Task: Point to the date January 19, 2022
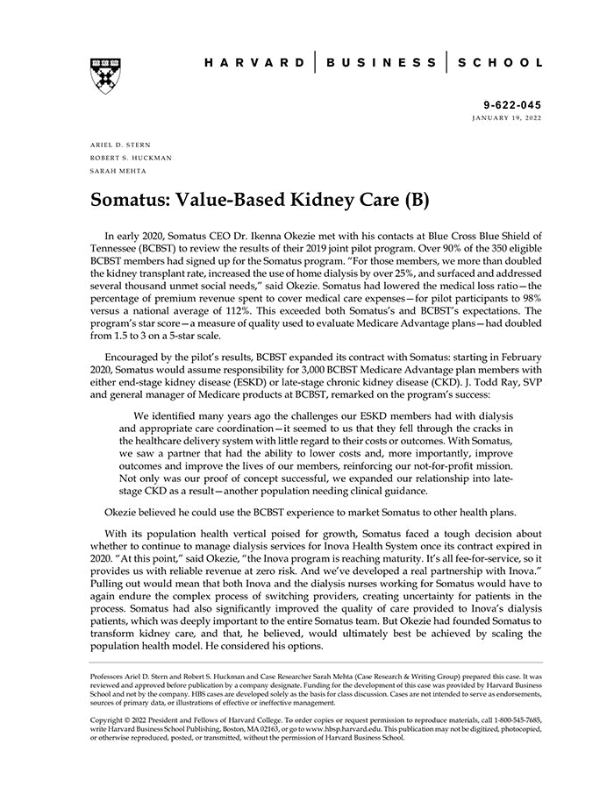coord(506,117)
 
